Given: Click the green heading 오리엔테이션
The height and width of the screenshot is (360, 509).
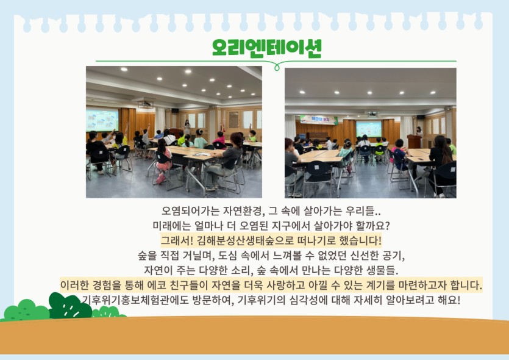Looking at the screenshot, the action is (x=266, y=48).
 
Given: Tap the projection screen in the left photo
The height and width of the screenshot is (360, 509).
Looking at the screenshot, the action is (x=102, y=120).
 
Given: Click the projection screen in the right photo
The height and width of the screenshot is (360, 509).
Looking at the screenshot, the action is (x=369, y=129).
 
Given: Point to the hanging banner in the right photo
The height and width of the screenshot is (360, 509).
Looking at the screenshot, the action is (x=319, y=119).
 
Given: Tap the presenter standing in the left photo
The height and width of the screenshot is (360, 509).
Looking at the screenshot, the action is (x=187, y=127).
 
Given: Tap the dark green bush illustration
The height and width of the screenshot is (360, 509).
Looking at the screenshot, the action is (x=69, y=306).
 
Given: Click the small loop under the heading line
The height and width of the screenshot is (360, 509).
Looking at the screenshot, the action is (x=277, y=67).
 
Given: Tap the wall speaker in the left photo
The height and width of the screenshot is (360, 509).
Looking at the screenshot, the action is (x=176, y=110).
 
